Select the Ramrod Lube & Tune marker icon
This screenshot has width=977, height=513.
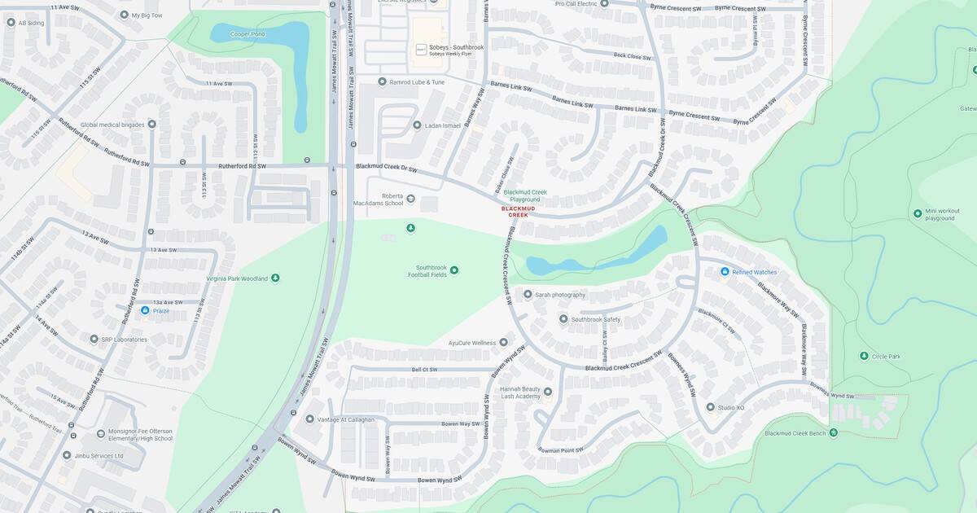(x=382, y=81)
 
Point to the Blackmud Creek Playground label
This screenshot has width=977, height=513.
(x=525, y=195)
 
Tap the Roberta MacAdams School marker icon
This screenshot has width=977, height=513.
(x=410, y=199)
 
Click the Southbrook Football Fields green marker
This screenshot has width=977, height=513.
(x=454, y=270)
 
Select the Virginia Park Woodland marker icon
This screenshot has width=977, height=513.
(x=275, y=278)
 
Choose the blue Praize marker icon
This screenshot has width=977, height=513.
(x=145, y=310)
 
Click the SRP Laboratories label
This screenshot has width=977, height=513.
(x=124, y=339)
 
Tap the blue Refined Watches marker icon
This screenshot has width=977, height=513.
(x=725, y=272)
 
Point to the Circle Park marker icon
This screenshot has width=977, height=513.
(x=864, y=356)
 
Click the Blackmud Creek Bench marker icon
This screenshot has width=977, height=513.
(x=833, y=432)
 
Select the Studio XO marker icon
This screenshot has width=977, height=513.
(x=710, y=406)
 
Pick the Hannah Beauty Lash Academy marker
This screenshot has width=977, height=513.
(x=547, y=392)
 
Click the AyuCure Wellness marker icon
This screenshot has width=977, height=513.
(x=503, y=343)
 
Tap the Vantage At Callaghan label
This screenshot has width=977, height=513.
(x=350, y=419)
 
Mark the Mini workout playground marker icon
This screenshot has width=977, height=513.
(x=918, y=213)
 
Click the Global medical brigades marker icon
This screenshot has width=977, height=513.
(x=151, y=125)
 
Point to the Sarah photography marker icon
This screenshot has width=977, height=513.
(x=528, y=295)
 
